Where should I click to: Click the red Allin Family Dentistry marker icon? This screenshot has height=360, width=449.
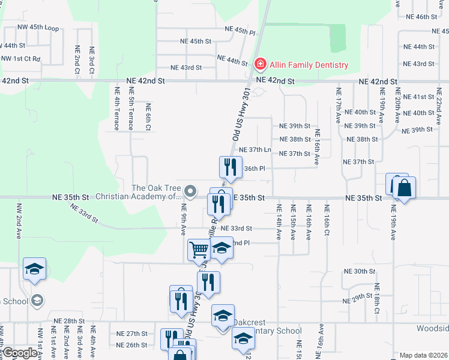click(x=261, y=64)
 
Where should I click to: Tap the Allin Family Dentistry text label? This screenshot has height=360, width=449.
click(x=309, y=65)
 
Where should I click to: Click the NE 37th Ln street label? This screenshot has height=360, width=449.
click(x=255, y=149)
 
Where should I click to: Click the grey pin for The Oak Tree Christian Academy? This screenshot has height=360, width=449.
click(x=190, y=192)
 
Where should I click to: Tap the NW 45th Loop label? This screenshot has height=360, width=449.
click(x=38, y=28)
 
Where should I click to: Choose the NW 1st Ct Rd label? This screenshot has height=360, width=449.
click(x=20, y=59)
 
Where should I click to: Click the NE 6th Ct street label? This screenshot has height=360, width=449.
click(x=148, y=116)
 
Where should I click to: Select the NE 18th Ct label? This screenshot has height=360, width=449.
click(x=377, y=298)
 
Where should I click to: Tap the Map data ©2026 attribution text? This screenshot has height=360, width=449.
click(x=423, y=355)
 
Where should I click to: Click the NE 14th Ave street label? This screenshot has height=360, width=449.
click(x=279, y=221)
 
